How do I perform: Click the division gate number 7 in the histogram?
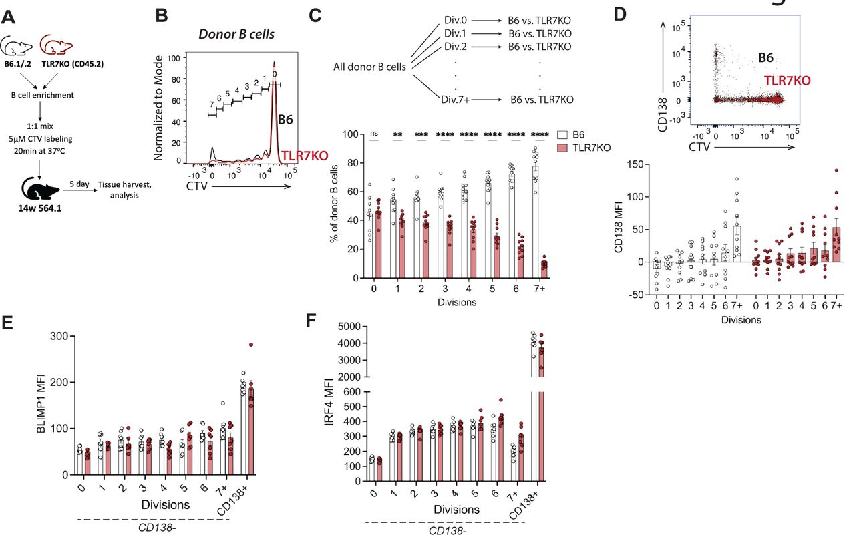[212, 104]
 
